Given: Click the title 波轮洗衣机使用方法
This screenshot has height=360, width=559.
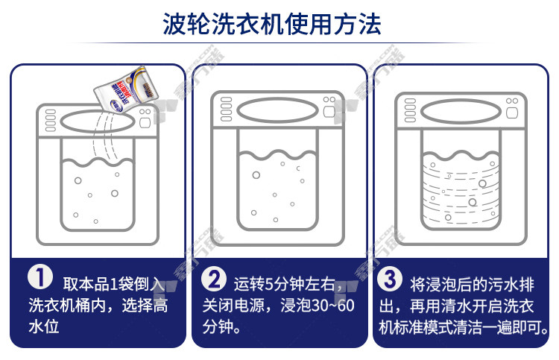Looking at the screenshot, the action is (271, 25).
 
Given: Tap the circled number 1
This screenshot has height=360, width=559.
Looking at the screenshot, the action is (40, 277).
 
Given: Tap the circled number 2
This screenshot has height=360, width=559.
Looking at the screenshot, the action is (213, 279).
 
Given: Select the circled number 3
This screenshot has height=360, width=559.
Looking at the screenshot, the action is (390, 279).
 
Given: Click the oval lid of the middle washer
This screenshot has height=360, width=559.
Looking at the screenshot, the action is (278, 110).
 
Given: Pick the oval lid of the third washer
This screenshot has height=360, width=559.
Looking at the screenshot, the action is (461, 112).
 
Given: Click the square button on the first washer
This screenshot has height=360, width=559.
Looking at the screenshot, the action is (145, 123).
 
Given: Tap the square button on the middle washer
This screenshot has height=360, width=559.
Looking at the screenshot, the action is (329, 112).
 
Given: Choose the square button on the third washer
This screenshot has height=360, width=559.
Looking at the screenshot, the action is (512, 113).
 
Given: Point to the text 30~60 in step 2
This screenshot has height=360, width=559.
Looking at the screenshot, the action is (333, 306).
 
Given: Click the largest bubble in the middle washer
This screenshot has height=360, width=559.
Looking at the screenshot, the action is (256, 175).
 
